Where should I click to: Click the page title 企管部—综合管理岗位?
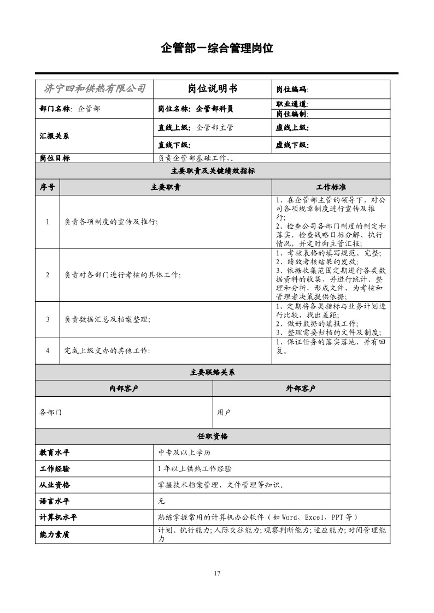(x=217, y=48)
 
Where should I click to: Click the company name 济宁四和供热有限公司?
(x=95, y=89)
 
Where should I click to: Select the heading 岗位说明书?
(x=213, y=89)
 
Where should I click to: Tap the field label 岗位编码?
(x=292, y=90)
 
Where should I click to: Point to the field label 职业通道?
(x=292, y=104)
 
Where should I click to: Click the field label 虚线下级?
(x=292, y=145)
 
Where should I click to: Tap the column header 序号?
(x=48, y=187)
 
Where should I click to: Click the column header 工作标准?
(x=331, y=187)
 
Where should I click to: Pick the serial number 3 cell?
(x=48, y=319)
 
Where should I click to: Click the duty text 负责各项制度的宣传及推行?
(x=111, y=222)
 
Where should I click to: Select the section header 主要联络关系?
(x=213, y=372)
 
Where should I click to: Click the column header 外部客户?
(x=301, y=389)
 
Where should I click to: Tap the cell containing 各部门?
(x=51, y=412)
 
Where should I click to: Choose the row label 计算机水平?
(x=58, y=517)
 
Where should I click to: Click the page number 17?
(x=217, y=573)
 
